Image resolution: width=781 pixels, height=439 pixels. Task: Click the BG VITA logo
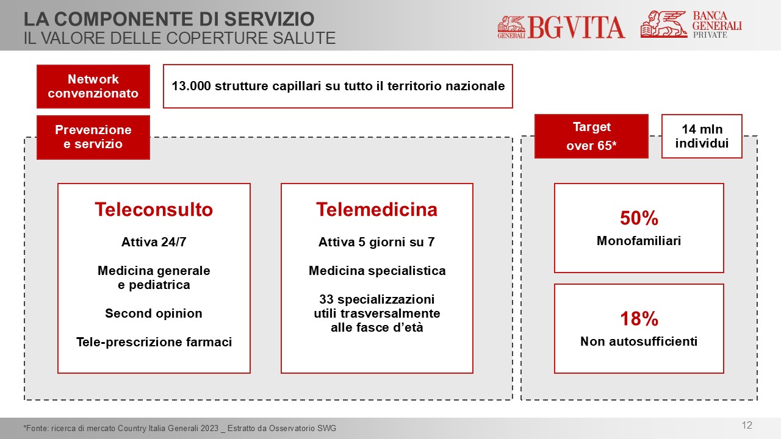pos(561,27)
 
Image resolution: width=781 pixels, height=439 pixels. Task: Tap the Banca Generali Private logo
pos(691,24)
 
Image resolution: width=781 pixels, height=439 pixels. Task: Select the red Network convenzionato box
pos(93,87)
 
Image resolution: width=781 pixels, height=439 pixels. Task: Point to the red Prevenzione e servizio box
pos(93,137)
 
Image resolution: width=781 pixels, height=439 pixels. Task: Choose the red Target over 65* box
pos(591,136)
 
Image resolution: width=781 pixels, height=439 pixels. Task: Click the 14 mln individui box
pos(702,136)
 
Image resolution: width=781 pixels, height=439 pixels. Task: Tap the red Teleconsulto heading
pos(154,209)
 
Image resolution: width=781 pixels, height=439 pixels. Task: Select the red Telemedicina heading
pos(376,209)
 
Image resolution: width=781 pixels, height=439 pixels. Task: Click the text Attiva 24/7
pos(154,242)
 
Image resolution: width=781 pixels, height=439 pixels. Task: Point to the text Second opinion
pos(154,313)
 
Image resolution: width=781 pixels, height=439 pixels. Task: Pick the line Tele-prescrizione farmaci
pos(154,342)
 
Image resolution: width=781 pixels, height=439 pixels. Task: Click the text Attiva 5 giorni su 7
pos(376,242)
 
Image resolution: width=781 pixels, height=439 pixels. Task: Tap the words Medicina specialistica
pos(377,271)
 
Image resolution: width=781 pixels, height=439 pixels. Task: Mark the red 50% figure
pos(639,218)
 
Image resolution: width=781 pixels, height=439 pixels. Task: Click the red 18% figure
pos(639,319)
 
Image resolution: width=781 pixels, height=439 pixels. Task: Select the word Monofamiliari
pos(639,241)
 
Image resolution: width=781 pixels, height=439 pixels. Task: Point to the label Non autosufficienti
pos(639,341)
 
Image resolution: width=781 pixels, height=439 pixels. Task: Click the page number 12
pos(747,425)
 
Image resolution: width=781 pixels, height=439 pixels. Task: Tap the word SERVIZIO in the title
pos(269,19)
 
